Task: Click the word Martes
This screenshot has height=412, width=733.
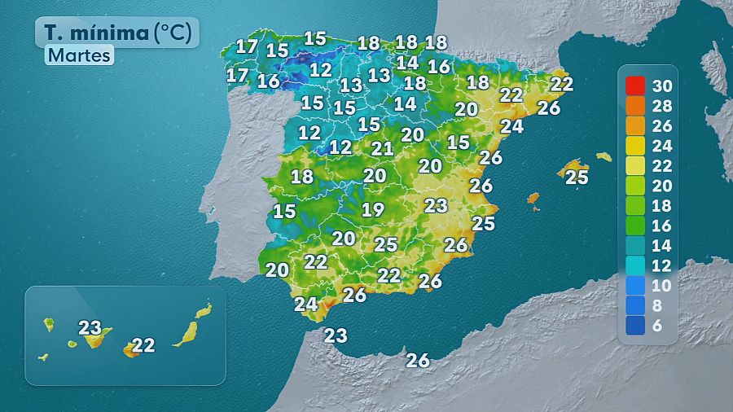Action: pyautogui.click(x=79, y=55)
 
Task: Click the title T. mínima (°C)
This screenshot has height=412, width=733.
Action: pyautogui.click(x=117, y=32)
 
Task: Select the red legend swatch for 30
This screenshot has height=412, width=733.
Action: pyautogui.click(x=635, y=85)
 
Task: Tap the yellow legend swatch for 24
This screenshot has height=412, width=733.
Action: pyautogui.click(x=635, y=146)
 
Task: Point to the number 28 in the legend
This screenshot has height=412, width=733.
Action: pyautogui.click(x=662, y=105)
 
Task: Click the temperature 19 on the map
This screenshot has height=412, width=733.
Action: pyautogui.click(x=373, y=209)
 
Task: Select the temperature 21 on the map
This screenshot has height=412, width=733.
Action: pyautogui.click(x=383, y=148)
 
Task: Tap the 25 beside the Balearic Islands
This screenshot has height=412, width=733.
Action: pyautogui.click(x=577, y=177)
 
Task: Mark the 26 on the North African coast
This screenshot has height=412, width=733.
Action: pyautogui.click(x=418, y=360)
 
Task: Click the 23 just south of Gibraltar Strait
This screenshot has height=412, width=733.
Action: pyautogui.click(x=336, y=335)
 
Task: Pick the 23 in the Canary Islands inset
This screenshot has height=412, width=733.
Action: pyautogui.click(x=90, y=328)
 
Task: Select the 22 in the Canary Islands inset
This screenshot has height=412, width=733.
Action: pyautogui.click(x=143, y=345)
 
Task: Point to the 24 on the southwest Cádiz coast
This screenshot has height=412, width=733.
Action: pyautogui.click(x=305, y=305)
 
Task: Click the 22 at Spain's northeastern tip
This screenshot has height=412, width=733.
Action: pyautogui.click(x=561, y=83)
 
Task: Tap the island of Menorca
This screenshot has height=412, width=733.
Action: pyautogui.click(x=604, y=156)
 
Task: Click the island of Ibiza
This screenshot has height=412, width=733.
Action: pyautogui.click(x=533, y=198)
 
